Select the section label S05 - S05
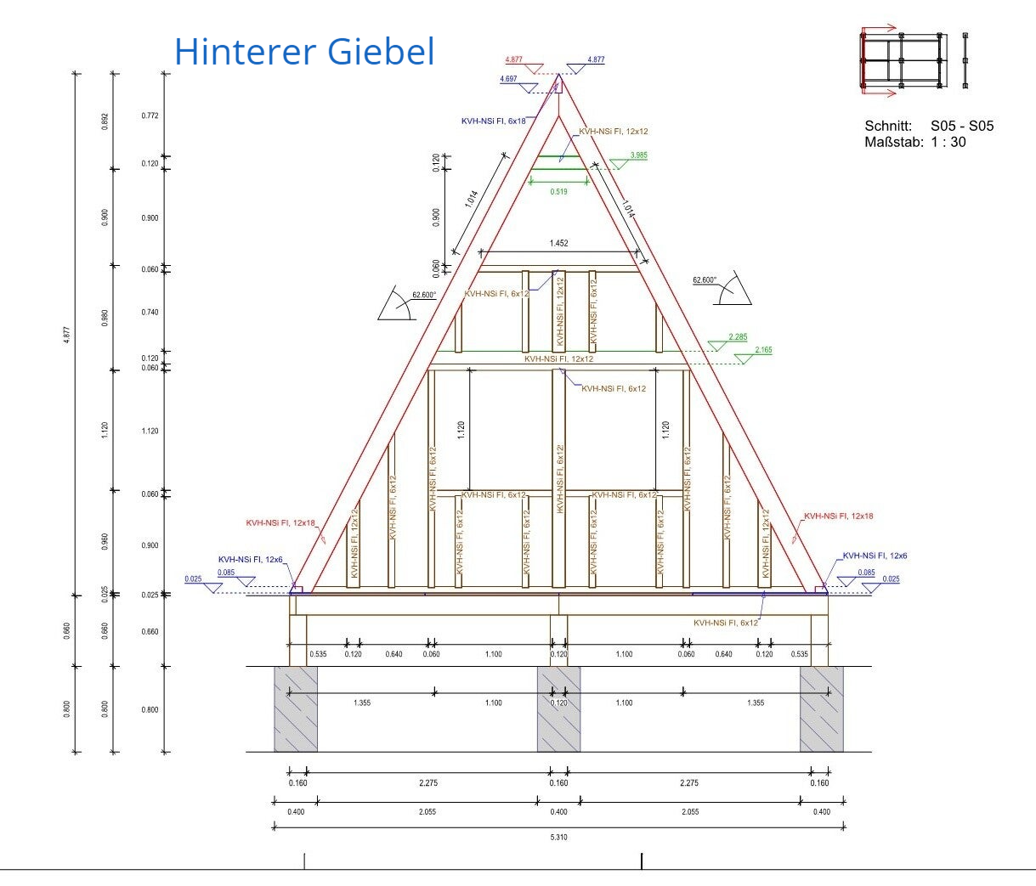click(x=961, y=126)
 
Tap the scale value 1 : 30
click(x=948, y=142)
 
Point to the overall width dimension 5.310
click(x=558, y=838)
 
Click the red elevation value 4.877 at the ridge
click(x=513, y=60)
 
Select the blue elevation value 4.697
click(x=508, y=79)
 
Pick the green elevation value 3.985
click(x=638, y=155)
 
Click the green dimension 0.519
click(x=558, y=192)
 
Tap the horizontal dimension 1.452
click(x=558, y=244)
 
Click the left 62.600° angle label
click(x=423, y=295)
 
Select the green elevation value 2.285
click(x=738, y=337)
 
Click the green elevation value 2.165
click(x=762, y=350)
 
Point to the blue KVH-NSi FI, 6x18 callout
click(x=493, y=121)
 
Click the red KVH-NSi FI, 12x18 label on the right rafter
click(x=838, y=516)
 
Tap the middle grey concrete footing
click(x=558, y=708)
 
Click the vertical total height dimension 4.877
click(x=67, y=334)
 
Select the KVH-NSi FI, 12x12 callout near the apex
click(x=613, y=132)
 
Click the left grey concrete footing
click(x=295, y=708)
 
